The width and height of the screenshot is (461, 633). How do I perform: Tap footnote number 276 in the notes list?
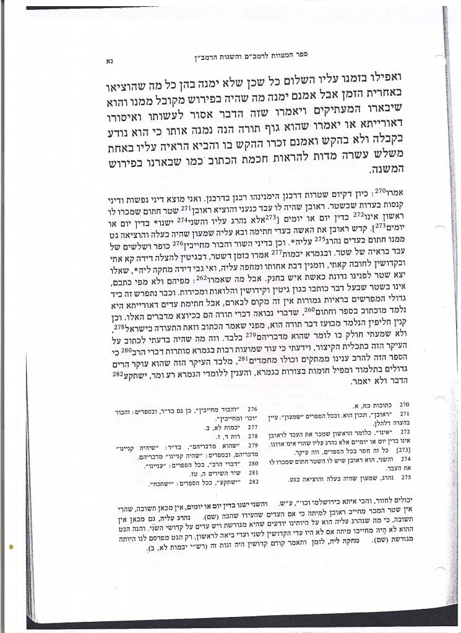point(252,410)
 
